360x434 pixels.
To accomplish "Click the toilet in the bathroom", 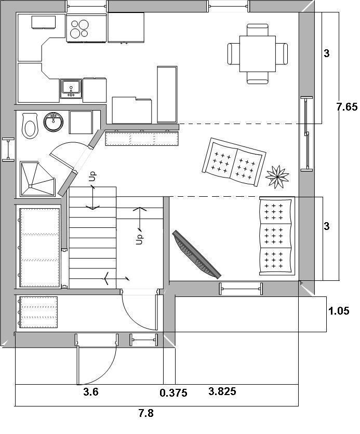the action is point(30,126).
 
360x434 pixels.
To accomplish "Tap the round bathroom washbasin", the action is point(54,122).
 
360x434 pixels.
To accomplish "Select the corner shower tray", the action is point(37,179).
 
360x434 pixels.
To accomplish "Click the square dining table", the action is point(258,53).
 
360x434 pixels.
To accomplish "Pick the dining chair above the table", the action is point(258,30).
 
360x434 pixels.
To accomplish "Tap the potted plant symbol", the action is point(277,177).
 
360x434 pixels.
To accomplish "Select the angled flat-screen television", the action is point(196,254).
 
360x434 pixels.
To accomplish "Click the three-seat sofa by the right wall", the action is point(276,236).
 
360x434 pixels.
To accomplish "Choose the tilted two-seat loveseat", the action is point(234,161).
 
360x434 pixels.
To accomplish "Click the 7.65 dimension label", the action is point(347,106).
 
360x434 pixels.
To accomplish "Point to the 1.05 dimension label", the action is point(339,311).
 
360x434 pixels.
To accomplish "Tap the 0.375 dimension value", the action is point(174,393).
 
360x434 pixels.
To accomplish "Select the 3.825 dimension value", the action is point(222,391).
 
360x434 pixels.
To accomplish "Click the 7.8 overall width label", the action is point(146,413).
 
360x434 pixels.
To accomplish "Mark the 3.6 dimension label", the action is point(91,392).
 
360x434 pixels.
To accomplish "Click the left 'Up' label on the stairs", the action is point(93,177).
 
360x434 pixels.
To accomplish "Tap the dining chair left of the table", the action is point(233,54).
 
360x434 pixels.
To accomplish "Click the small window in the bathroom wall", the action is point(8,149).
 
